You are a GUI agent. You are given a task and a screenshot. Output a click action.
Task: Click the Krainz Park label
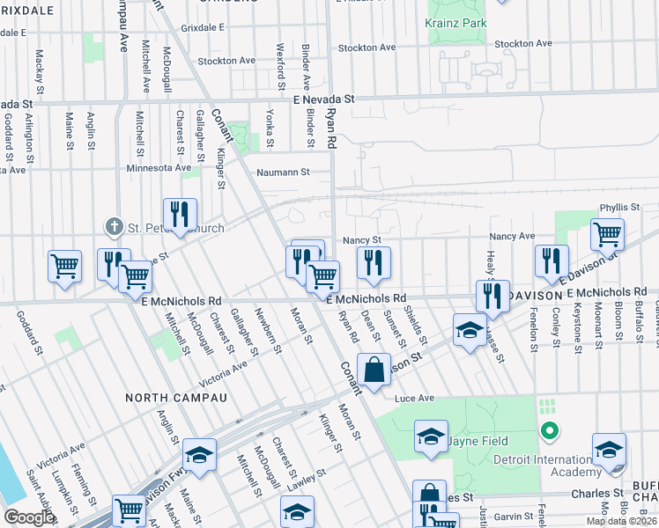tap(455, 21)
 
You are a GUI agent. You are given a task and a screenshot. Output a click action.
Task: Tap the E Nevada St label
tap(323, 100)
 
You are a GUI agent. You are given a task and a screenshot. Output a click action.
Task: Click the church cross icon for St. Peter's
tap(114, 228)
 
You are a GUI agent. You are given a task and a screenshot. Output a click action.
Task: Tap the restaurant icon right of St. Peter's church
tap(180, 213)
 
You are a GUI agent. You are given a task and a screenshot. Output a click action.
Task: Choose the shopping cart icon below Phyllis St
tap(607, 233)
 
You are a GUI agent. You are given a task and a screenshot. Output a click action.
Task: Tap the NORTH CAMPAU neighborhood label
tap(176, 398)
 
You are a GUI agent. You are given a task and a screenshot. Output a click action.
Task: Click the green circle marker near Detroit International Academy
tap(549, 431)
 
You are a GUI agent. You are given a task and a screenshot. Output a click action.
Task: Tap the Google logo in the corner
tap(29, 517)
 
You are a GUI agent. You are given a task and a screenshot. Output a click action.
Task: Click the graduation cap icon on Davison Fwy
tap(199, 454)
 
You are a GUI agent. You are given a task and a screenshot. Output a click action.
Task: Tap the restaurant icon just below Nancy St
tap(374, 261)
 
